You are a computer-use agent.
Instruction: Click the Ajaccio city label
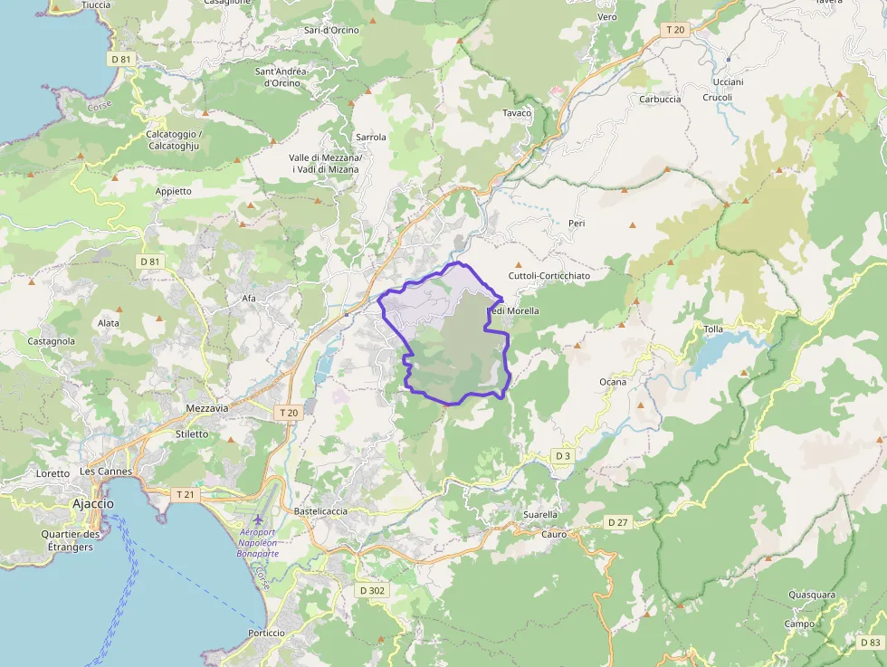coord(94,503)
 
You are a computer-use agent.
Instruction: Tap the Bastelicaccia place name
coord(321,511)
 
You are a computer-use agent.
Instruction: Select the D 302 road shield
coord(371,590)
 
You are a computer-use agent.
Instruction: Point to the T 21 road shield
coord(184,494)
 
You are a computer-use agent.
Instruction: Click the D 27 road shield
coord(618,522)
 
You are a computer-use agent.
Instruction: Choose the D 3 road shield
coord(564,455)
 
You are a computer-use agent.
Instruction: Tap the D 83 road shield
coord(869,642)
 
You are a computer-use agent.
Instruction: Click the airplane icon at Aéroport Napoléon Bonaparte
coord(259,519)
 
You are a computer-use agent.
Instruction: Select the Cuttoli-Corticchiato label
coord(548,276)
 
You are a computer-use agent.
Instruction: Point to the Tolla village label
coord(713,329)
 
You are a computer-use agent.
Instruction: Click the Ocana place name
coord(613,382)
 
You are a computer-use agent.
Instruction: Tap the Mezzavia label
coord(206,408)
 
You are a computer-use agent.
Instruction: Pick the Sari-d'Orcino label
coord(331,30)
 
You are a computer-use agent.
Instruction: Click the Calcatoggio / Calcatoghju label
coord(173,139)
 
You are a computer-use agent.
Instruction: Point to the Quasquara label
coord(811,595)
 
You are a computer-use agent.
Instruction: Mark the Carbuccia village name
coord(660,100)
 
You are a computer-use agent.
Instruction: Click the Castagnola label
coord(52,341)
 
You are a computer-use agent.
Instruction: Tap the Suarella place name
coord(540,515)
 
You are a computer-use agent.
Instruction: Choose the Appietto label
coord(174,191)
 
